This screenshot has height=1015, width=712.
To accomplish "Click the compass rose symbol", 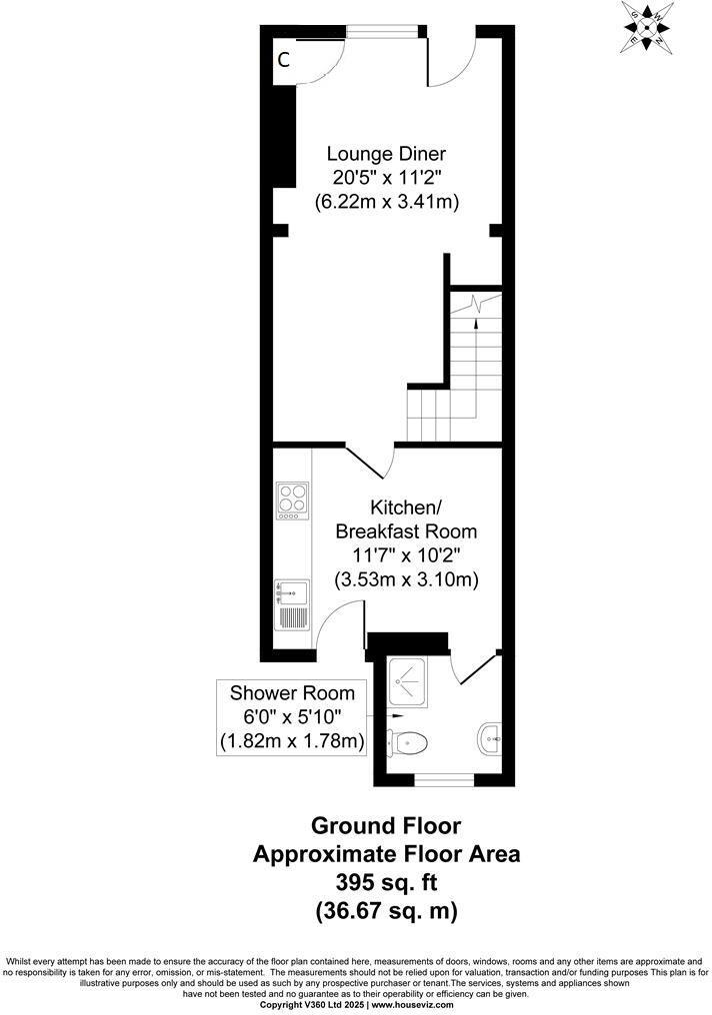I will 648,27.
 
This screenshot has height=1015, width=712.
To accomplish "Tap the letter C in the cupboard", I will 283,60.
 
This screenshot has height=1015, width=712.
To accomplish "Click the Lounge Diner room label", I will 386,154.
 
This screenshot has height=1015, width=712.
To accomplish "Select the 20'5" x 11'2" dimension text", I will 386,178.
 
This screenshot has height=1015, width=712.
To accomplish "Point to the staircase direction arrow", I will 477,311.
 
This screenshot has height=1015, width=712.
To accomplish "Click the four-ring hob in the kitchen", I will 292,501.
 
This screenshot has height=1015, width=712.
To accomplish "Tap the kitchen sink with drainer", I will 291,605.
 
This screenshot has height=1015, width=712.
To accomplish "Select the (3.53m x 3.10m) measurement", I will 406,579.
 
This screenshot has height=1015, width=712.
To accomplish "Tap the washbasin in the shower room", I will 489,738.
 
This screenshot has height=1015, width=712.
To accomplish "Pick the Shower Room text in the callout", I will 292,693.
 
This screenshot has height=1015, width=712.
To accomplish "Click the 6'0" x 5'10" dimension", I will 292,717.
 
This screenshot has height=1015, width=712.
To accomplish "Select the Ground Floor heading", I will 386,826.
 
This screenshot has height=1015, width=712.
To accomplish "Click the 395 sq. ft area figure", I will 386,883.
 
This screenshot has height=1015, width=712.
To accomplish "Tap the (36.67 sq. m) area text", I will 386,911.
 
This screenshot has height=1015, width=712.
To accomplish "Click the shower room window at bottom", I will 441,777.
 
